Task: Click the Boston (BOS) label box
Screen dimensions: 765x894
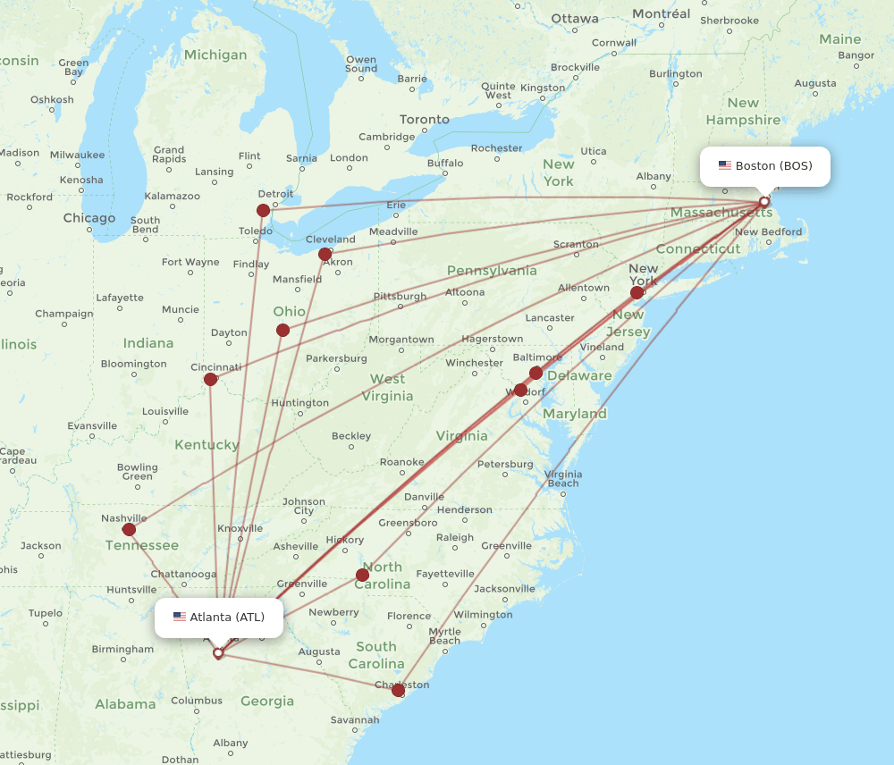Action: click(x=764, y=166)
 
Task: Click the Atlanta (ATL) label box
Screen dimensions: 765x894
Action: click(x=219, y=618)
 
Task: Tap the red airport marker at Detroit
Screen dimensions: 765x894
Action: click(x=263, y=211)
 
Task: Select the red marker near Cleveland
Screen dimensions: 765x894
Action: click(x=325, y=255)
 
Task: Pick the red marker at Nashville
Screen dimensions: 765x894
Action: click(x=129, y=530)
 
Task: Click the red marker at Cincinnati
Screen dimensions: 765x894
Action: click(x=211, y=379)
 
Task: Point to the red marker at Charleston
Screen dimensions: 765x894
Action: click(x=399, y=690)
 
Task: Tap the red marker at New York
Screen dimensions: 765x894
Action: click(x=637, y=292)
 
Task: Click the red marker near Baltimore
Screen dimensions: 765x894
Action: click(x=536, y=373)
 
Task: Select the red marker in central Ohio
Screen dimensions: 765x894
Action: click(x=283, y=331)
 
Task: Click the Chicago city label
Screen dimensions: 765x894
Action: click(x=89, y=218)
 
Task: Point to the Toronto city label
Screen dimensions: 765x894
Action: click(x=425, y=120)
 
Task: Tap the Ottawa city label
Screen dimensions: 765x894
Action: click(x=575, y=19)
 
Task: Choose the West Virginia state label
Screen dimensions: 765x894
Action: click(x=388, y=387)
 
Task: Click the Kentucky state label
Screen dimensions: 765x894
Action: click(x=207, y=445)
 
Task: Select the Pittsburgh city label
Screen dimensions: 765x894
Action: click(x=400, y=297)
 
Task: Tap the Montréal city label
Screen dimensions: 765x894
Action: click(x=662, y=14)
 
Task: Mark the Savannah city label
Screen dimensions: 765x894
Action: click(x=355, y=720)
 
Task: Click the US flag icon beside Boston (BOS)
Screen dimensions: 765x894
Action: click(x=725, y=166)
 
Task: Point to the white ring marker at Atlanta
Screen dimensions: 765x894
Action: click(x=218, y=653)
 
